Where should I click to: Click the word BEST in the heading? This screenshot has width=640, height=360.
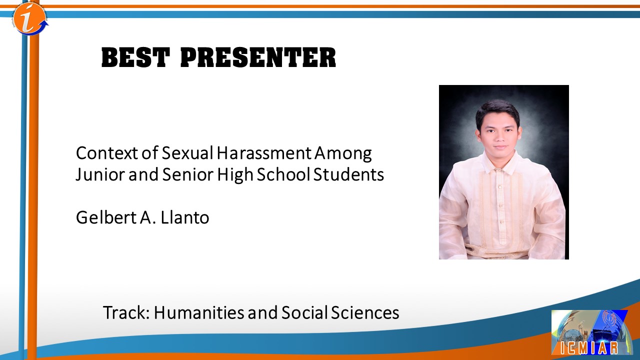[135, 57]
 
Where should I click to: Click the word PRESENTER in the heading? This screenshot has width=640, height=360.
[258, 57]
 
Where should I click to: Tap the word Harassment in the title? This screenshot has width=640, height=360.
[263, 153]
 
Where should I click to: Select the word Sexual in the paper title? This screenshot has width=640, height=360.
[187, 153]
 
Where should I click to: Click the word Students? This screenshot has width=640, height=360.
[348, 174]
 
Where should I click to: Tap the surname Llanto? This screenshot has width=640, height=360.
[185, 217]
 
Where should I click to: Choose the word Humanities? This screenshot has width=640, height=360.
[199, 312]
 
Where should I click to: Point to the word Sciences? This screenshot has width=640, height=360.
[365, 312]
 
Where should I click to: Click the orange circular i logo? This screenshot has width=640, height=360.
[29, 18]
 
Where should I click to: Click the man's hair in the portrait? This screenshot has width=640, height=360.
[497, 110]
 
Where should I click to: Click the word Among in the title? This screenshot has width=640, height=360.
[343, 153]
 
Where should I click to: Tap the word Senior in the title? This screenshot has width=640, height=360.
[188, 174]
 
